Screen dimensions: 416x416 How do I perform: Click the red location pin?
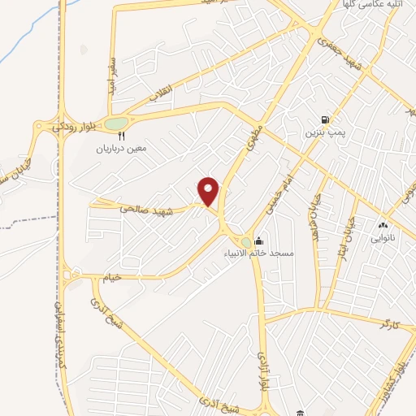point(210,191)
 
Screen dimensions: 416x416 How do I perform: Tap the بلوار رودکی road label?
point(76,125)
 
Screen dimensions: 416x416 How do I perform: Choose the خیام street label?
point(112,277)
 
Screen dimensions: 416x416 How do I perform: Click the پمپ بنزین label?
point(323,131)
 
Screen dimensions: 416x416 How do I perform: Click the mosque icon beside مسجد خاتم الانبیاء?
point(258,240)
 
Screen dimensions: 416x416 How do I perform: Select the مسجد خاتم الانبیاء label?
point(261,253)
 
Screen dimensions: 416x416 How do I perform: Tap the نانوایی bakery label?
point(383,238)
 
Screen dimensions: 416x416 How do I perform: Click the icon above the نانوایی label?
point(383,225)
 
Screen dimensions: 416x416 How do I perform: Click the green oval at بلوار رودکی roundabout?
point(115,123)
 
